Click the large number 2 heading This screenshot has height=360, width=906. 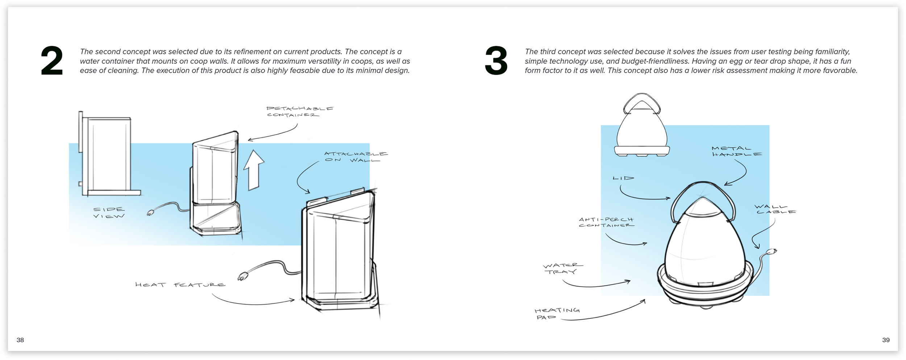coord(52,61)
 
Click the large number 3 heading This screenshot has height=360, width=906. coord(496,61)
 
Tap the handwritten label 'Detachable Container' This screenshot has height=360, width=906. coord(299,112)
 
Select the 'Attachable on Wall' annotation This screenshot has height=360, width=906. coord(355,157)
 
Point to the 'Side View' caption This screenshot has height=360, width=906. coord(109,213)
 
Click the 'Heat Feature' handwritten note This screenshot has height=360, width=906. coord(180,285)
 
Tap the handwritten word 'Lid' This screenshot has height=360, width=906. coord(623,178)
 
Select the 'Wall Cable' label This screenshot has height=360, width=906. coord(775,209)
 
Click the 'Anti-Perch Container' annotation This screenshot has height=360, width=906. coord(606,222)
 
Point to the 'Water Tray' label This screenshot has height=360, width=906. coord(562,269)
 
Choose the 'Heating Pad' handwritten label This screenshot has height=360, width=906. coord(556,314)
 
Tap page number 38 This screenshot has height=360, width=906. coord(20,340)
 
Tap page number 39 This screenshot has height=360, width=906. coord(886,340)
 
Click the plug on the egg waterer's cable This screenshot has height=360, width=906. coord(772,252)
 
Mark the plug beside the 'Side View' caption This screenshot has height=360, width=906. coord(150,213)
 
